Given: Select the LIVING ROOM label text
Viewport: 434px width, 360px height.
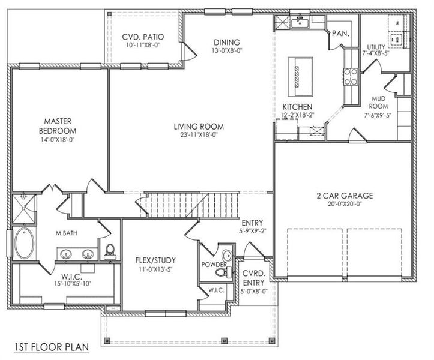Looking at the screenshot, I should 199,127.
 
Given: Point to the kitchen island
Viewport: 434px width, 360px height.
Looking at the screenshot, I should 297,76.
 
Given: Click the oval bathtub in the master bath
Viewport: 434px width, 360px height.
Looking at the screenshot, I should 24,243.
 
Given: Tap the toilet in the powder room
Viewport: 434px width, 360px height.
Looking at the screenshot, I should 223,272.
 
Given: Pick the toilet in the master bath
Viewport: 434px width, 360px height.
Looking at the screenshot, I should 110,250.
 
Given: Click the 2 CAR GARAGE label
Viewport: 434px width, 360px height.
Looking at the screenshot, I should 345,196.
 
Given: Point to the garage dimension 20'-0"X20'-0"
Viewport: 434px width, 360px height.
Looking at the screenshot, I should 345,204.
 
